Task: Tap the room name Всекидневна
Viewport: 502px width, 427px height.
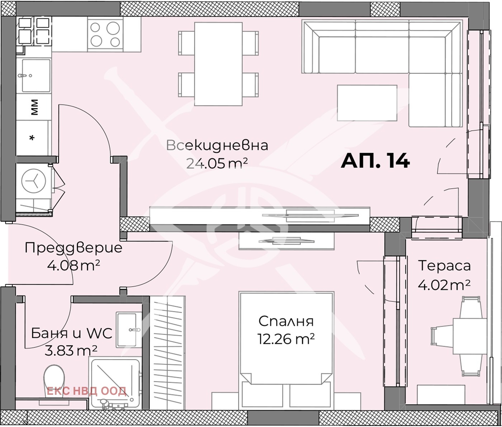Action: click(217, 146)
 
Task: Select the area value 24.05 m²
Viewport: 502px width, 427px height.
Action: click(217, 163)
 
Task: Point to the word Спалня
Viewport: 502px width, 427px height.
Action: click(286, 321)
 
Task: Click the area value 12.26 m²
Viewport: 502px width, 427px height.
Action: click(286, 339)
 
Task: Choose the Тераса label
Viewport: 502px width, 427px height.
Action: click(444, 266)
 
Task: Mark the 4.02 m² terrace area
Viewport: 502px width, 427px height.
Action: click(444, 285)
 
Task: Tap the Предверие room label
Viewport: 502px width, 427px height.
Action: click(74, 248)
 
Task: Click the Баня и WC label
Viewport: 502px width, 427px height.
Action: click(72, 333)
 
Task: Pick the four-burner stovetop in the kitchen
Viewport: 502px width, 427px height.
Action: click(105, 34)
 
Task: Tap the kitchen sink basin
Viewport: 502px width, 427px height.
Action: click(36, 76)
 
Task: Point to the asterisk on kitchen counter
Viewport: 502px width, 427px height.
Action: click(32, 138)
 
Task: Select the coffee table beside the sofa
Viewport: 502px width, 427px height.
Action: click(367, 103)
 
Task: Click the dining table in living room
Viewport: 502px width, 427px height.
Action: click(218, 64)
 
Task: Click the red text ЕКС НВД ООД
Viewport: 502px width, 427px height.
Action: click(86, 391)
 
